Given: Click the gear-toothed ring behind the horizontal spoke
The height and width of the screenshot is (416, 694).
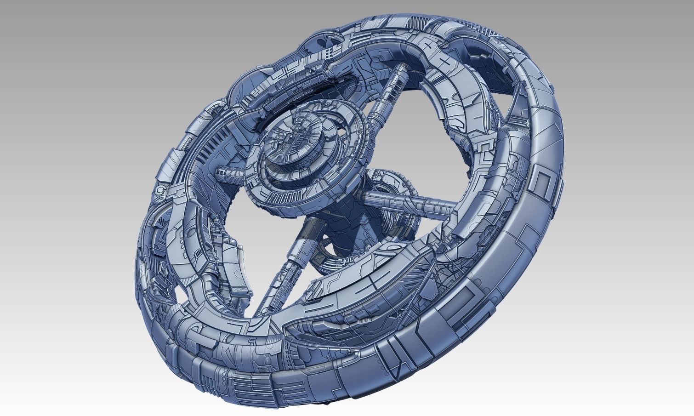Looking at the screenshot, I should tap(391, 184).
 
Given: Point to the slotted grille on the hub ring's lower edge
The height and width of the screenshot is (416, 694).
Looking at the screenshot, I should tap(294, 199).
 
